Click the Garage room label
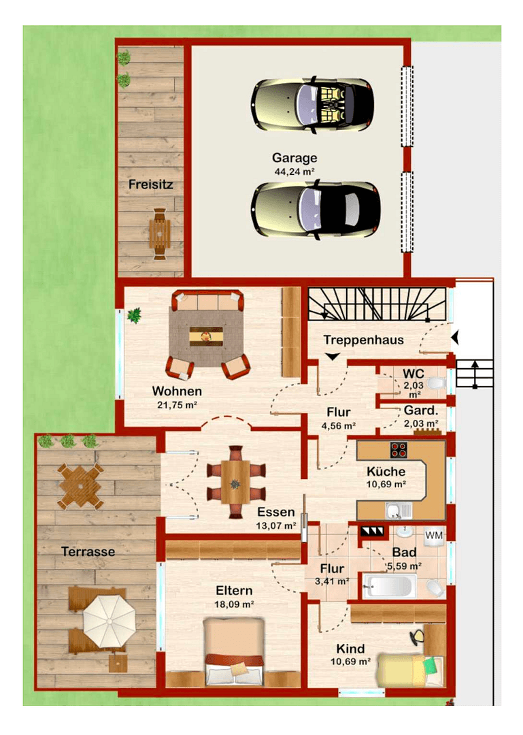(294, 159)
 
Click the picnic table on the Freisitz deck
(159, 233)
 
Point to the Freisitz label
(150, 184)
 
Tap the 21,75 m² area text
(176, 405)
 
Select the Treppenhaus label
(363, 340)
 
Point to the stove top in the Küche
(398, 449)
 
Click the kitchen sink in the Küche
(394, 510)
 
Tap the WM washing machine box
(433, 536)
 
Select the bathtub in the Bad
(387, 585)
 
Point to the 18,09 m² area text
(234, 604)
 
